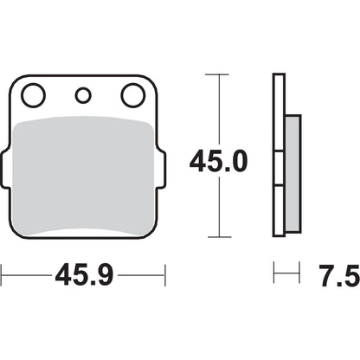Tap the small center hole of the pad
pos(84,95)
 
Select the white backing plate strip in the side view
pos(278,156)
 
